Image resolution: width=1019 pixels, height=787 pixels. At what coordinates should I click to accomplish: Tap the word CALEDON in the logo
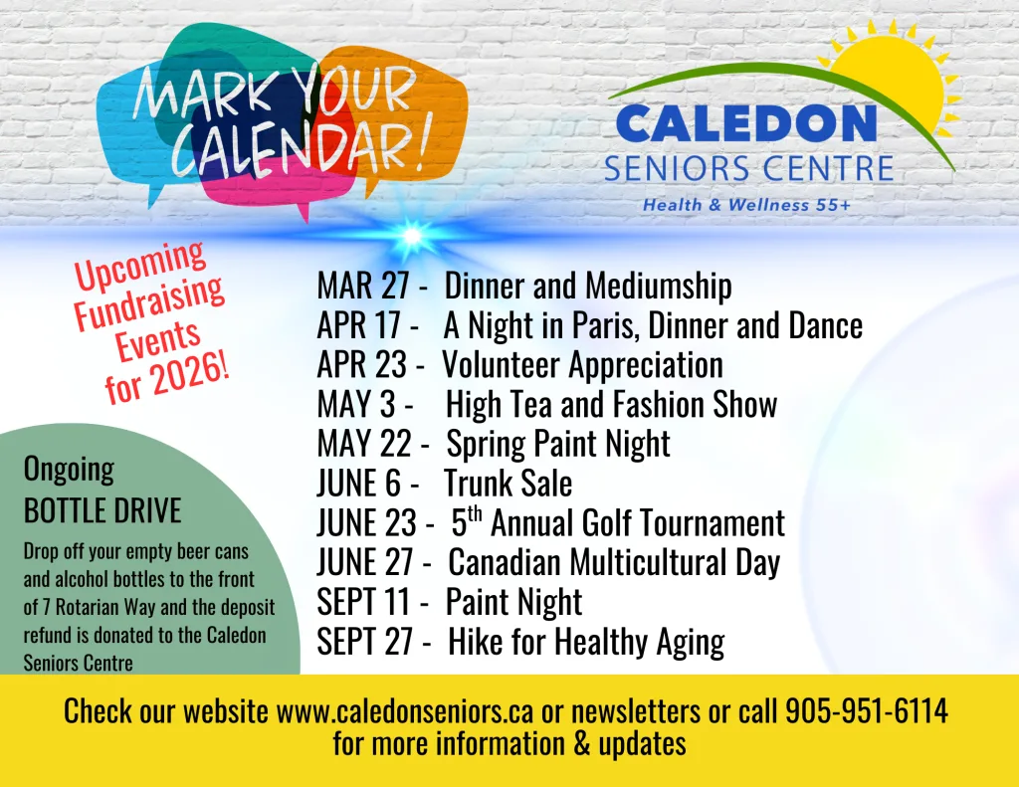point(745,124)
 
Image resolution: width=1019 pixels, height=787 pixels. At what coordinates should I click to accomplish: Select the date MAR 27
point(363,287)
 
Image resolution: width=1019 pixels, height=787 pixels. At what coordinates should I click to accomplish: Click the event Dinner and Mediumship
point(587,287)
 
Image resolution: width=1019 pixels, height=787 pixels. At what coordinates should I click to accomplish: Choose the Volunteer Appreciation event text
point(582,365)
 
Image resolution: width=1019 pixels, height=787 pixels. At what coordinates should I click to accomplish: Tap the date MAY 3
point(357,405)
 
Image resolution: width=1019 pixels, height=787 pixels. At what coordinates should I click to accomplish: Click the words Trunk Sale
point(508,484)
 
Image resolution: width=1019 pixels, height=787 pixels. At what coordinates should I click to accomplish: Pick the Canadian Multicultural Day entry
point(613,562)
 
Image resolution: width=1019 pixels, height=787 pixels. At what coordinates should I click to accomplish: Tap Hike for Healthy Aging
point(585,642)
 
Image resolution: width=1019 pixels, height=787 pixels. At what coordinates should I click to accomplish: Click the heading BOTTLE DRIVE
point(102,511)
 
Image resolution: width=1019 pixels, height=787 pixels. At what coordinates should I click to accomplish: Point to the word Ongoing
point(69,469)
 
